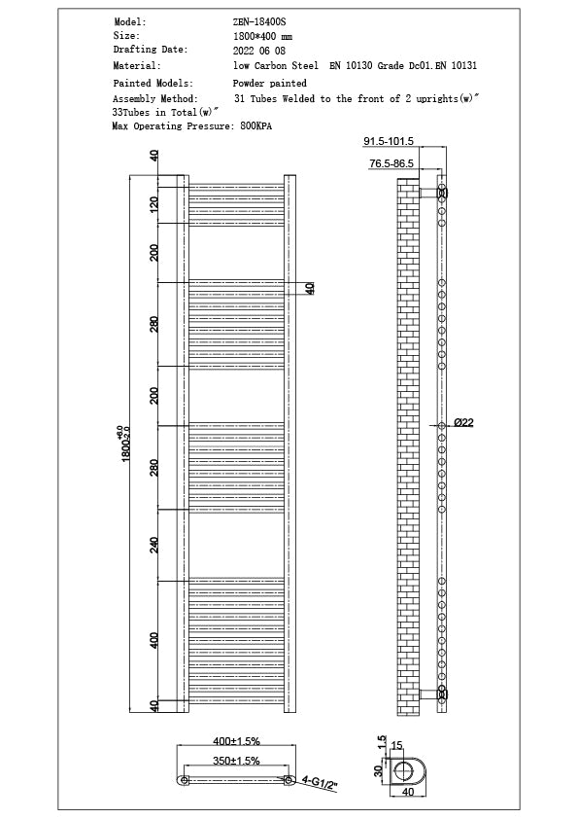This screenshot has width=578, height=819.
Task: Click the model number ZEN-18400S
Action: click(x=255, y=20)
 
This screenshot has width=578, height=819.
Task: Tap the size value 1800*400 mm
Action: click(x=262, y=35)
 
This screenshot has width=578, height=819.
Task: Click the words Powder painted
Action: click(x=269, y=84)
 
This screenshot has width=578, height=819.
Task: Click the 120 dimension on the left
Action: click(x=153, y=205)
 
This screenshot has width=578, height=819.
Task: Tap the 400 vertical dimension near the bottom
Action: click(x=153, y=640)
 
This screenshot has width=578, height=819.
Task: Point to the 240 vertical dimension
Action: click(x=153, y=545)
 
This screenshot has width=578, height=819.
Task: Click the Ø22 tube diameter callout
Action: click(x=462, y=423)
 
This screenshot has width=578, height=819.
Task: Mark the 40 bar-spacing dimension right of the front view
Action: click(x=310, y=288)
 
